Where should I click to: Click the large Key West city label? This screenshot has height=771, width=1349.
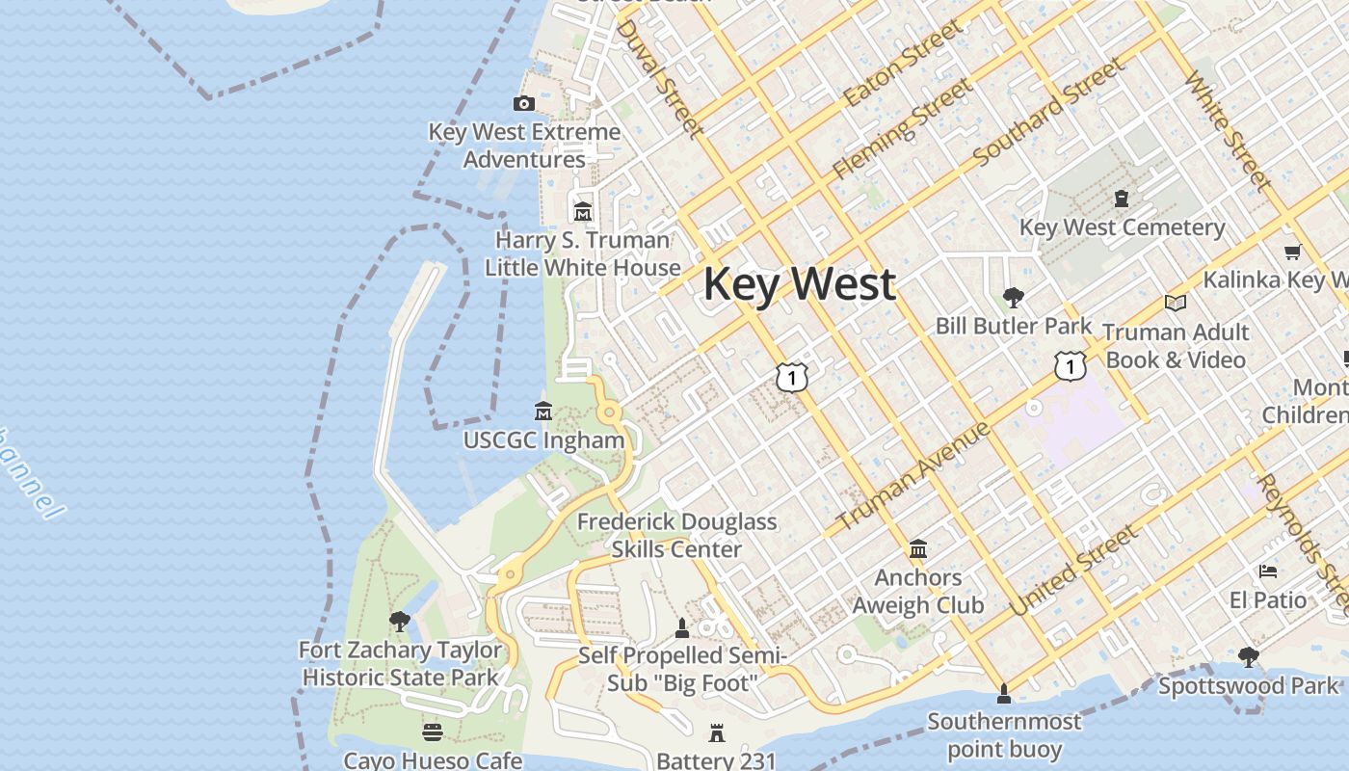coord(800,285)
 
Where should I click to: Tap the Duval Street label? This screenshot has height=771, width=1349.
coord(659,76)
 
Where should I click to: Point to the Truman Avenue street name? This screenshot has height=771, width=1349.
coord(913,476)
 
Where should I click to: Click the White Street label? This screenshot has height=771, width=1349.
coord(1228,129)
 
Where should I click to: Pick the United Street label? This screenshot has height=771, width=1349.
coord(1074,572)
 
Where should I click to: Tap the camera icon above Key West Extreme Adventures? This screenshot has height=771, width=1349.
coord(524,103)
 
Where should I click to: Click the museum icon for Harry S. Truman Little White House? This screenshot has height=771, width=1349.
coord(583,211)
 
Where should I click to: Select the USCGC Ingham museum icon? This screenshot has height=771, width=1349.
coord(543,412)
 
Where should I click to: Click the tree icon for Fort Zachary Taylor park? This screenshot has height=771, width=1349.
coord(399,622)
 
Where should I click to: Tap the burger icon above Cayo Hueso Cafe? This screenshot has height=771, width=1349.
coord(433,733)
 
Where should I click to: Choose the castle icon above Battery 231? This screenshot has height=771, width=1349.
coord(716,733)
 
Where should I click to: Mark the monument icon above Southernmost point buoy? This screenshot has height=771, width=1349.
coord(1004,694)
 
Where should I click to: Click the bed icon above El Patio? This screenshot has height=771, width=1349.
coord(1268,572)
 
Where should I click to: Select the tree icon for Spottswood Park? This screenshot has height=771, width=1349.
coord(1249,657)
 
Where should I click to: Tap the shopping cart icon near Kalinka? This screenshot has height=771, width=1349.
coord(1292,252)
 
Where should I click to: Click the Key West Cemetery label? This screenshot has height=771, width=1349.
coord(1123,227)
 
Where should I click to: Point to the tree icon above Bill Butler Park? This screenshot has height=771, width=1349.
coord(1013,298)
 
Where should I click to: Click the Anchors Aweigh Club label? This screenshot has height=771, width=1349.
coord(918,591)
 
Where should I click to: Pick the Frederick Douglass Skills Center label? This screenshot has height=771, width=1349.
coord(676,535)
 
